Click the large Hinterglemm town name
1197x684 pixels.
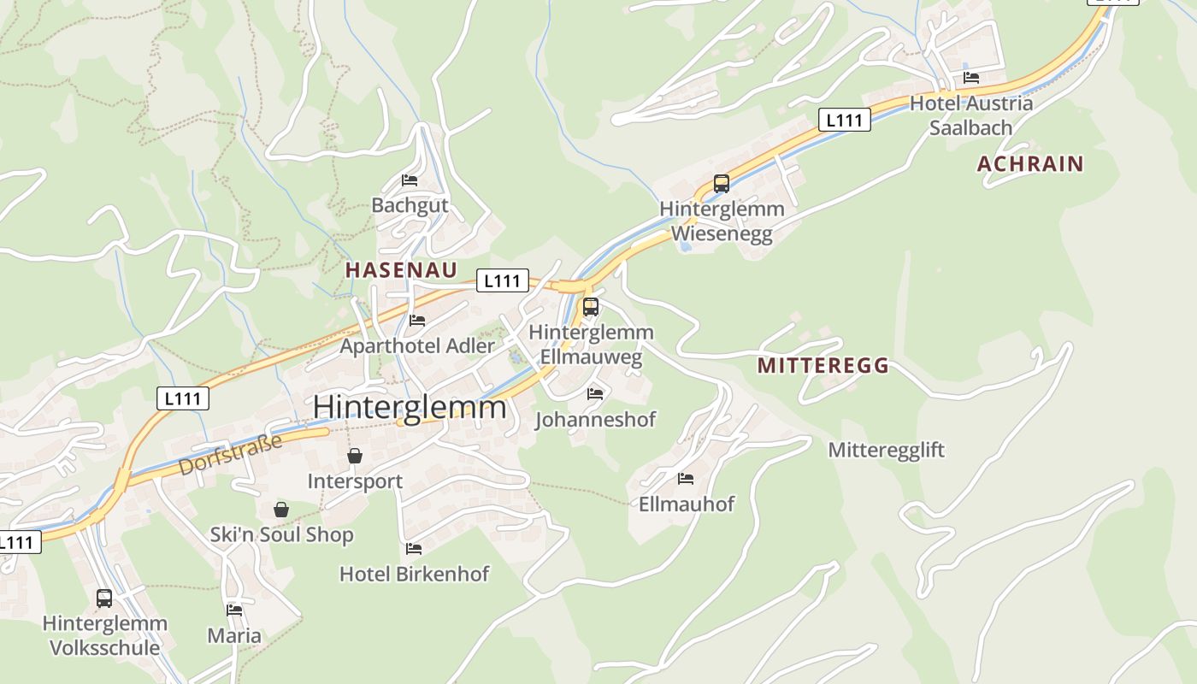[410, 407]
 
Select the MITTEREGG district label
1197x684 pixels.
[823, 366]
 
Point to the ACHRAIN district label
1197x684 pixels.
[1029, 164]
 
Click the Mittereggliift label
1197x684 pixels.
[886, 450]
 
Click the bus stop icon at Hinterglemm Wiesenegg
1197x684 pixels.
[721, 184]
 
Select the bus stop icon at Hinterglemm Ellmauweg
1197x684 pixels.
[590, 307]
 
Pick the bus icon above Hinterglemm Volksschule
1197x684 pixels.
[104, 598]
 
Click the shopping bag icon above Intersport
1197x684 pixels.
[355, 457]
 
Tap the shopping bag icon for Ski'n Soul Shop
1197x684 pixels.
[281, 510]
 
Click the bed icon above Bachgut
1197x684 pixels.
[410, 180]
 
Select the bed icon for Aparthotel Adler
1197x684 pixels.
[416, 321]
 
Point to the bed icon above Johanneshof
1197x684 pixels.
[595, 394]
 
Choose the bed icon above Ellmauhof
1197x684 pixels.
[686, 479]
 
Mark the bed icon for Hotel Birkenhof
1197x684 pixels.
[414, 549]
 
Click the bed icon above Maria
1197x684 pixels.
[234, 610]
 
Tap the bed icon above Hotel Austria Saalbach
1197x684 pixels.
[971, 78]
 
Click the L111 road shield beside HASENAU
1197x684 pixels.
[502, 280]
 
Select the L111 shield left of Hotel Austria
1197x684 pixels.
[844, 120]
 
